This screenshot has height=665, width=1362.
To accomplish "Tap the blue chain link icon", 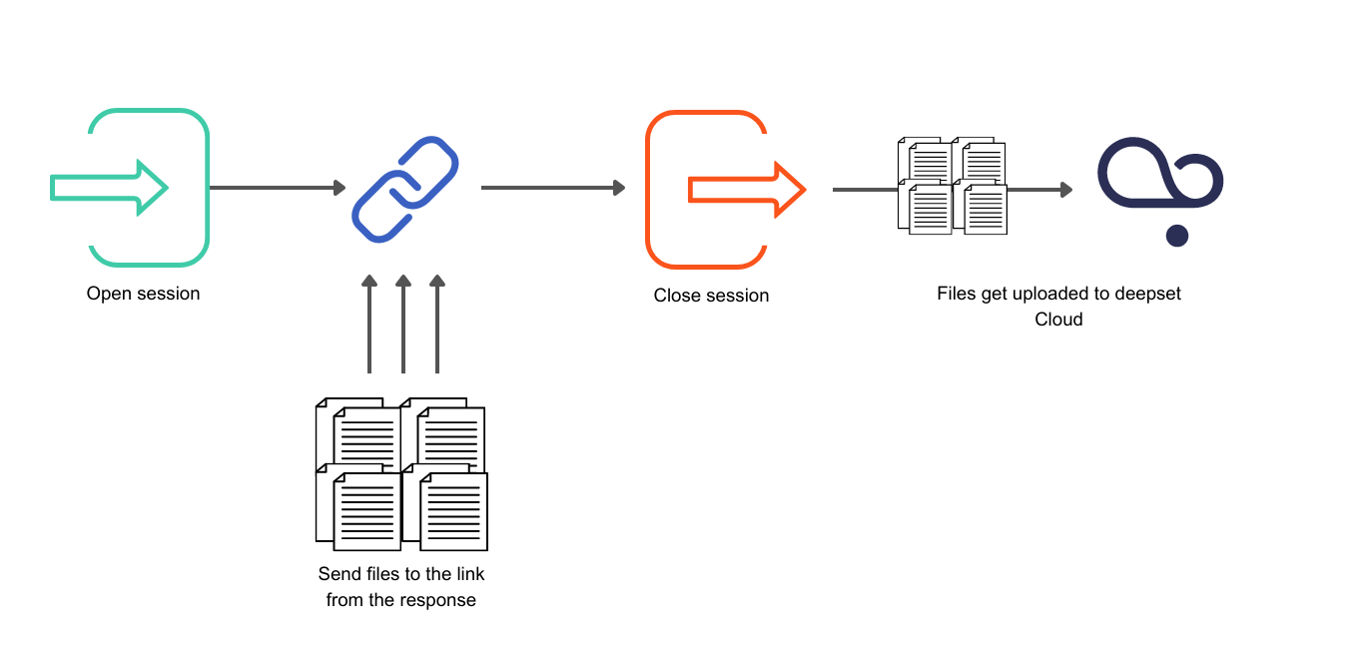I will click(x=404, y=188).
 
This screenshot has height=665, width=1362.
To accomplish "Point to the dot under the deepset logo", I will click(x=1177, y=236).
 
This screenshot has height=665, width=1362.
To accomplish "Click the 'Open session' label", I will click(x=143, y=294).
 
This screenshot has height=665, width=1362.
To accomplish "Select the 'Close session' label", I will click(x=711, y=296).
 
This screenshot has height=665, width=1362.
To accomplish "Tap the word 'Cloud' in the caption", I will click(x=1058, y=320).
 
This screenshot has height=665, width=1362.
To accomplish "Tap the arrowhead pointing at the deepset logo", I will click(x=1065, y=189).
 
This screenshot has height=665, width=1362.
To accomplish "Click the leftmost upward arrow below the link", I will click(x=369, y=325).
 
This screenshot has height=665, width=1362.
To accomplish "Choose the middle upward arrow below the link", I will click(x=403, y=325).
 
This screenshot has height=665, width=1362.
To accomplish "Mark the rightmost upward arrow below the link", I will click(x=437, y=325).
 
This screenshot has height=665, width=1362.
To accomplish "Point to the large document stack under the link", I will click(x=401, y=474).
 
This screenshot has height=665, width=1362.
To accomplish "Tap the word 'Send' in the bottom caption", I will click(x=338, y=574).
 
